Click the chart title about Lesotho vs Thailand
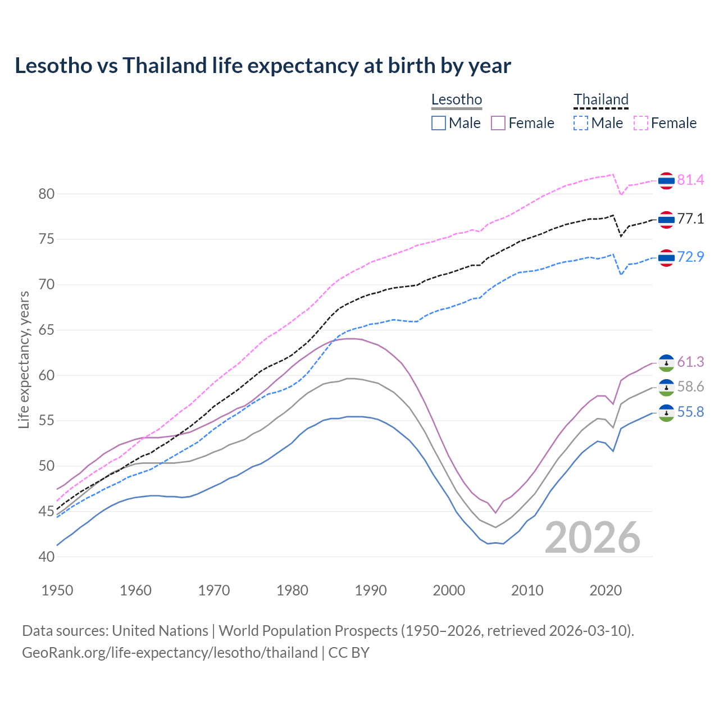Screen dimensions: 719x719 click(263, 66)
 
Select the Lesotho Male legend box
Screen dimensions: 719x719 click(439, 123)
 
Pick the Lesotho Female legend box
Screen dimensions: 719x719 click(498, 123)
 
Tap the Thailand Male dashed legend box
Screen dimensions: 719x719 click(581, 123)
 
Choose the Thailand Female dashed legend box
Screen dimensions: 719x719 click(641, 123)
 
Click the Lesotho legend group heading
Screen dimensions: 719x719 click(457, 100)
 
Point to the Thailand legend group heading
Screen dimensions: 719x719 click(600, 100)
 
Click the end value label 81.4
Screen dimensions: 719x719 click(690, 180)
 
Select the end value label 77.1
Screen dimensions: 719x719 click(690, 219)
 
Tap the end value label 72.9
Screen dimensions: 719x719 click(690, 257)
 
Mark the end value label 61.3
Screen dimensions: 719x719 click(690, 362)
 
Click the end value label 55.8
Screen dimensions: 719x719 click(690, 412)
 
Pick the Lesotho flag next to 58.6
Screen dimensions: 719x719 click(666, 388)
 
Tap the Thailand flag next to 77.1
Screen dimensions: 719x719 click(666, 220)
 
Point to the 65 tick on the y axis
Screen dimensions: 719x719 click(47, 330)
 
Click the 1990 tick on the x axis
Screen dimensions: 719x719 click(371, 590)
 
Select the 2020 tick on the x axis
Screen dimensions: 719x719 click(606, 590)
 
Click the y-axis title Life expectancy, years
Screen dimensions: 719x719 click(24, 359)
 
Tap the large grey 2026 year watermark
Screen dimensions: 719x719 click(593, 538)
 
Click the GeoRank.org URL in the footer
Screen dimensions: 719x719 click(170, 653)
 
